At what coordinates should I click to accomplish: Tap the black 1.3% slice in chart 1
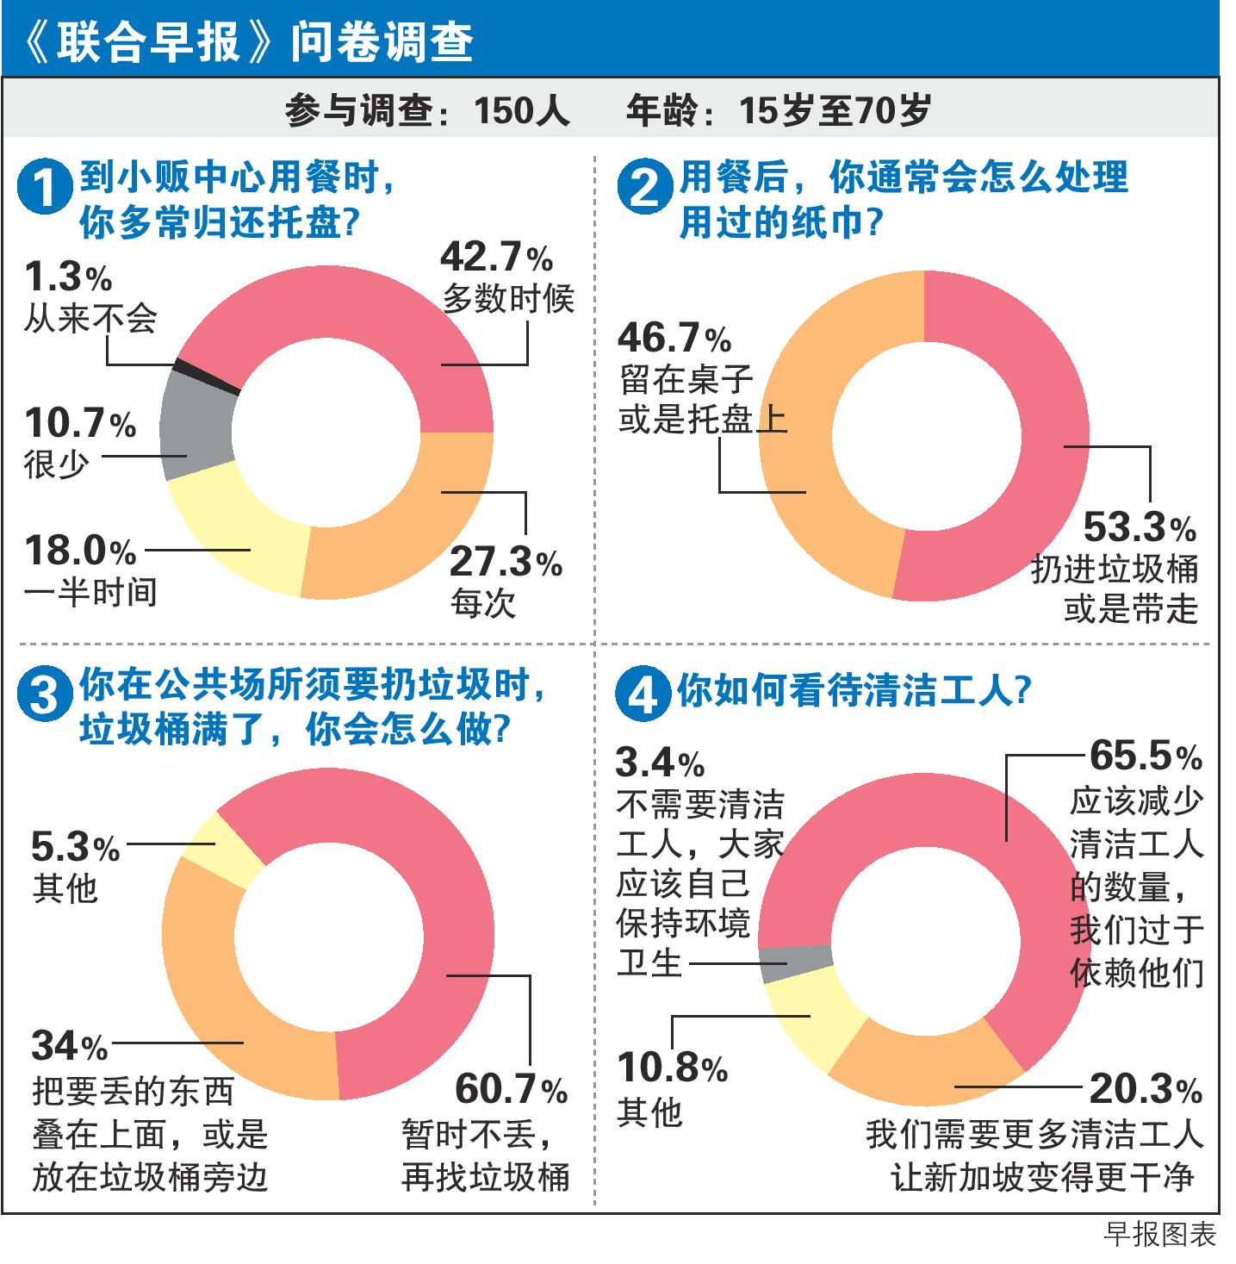206,377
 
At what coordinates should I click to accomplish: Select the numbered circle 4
643,694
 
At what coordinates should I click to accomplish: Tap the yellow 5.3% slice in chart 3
220,849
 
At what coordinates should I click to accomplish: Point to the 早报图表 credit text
1159,1235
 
